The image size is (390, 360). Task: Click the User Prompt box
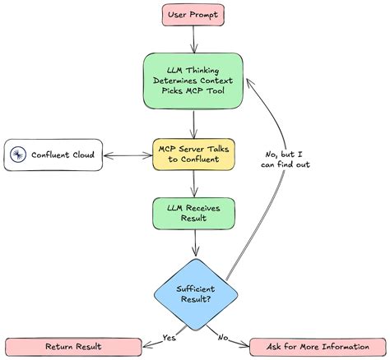pyautogui.click(x=193, y=15)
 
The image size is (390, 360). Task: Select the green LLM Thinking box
pyautogui.click(x=193, y=81)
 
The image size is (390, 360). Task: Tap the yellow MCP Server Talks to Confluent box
pyautogui.click(x=193, y=155)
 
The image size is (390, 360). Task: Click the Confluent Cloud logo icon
pyautogui.click(x=18, y=155)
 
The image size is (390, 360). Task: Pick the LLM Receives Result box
pyautogui.click(x=193, y=213)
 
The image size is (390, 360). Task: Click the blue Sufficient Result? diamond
pyautogui.click(x=196, y=294)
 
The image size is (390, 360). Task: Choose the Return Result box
pyautogui.click(x=73, y=347)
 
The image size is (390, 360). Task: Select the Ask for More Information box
pyautogui.click(x=318, y=347)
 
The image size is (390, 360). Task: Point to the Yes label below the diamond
pyautogui.click(x=169, y=338)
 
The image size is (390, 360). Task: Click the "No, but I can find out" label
pyautogui.click(x=286, y=159)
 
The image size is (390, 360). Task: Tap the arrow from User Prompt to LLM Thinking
pyautogui.click(x=193, y=39)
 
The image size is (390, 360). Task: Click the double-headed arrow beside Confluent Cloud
pyautogui.click(x=128, y=155)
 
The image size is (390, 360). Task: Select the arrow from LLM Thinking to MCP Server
pyautogui.click(x=194, y=124)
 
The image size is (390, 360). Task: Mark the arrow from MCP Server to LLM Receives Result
pyautogui.click(x=194, y=184)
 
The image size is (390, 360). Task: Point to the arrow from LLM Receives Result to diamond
pyautogui.click(x=195, y=242)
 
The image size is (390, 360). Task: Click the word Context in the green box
pyautogui.click(x=216, y=81)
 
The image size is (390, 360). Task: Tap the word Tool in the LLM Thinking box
pyautogui.click(x=216, y=90)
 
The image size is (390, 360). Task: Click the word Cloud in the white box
pyautogui.click(x=83, y=155)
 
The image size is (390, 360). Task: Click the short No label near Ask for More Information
pyautogui.click(x=223, y=338)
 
